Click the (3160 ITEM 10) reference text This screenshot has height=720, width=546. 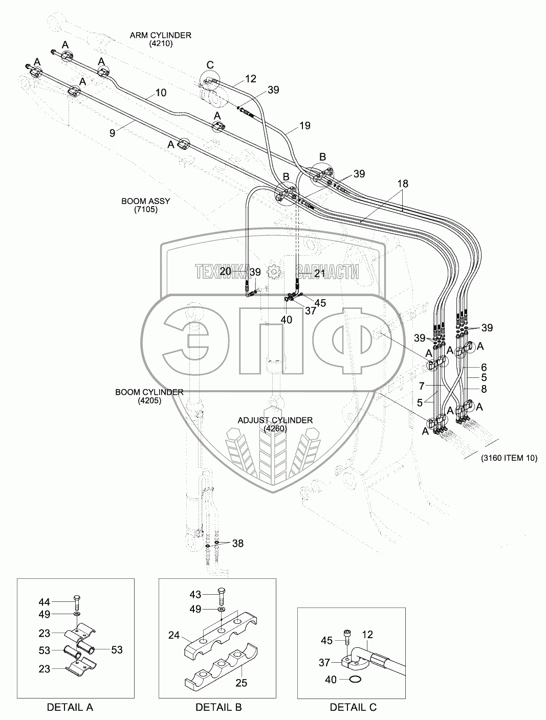pos(509,458)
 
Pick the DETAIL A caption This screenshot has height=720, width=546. pos(70,707)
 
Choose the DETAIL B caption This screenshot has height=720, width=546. pos(219,707)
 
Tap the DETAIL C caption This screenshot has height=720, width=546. pos(353,707)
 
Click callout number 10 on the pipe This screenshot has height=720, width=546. pos(161,93)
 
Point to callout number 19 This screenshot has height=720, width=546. pos(304,125)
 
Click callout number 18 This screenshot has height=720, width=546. pos(402,184)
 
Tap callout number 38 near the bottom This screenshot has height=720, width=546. pos(238,543)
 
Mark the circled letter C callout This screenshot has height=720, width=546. pos(210,64)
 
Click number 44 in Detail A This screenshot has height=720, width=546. pos(45,602)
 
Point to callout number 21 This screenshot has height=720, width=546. pos(319,274)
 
